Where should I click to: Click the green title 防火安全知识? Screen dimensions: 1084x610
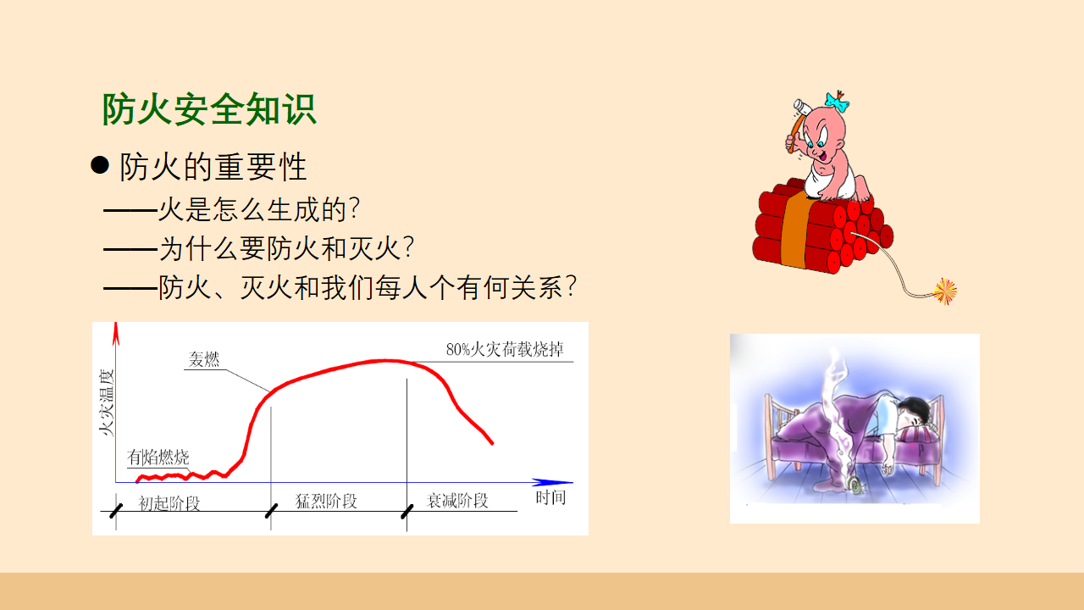click(x=209, y=109)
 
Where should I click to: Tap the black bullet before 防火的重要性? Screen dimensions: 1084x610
click(x=100, y=165)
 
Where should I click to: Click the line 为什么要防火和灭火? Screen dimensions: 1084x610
click(x=286, y=248)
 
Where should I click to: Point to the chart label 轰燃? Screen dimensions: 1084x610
click(x=204, y=359)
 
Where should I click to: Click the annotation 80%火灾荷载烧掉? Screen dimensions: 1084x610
click(x=505, y=349)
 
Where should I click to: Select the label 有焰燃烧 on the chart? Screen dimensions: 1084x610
click(x=158, y=457)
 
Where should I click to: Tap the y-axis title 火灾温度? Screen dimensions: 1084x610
click(x=106, y=402)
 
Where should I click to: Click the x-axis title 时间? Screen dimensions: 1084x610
click(x=550, y=497)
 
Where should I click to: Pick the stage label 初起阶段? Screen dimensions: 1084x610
click(x=169, y=503)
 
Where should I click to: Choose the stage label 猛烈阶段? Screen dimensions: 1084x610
click(x=326, y=501)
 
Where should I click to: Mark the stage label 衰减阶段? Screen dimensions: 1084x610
click(x=457, y=501)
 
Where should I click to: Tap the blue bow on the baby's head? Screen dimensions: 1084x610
click(x=838, y=102)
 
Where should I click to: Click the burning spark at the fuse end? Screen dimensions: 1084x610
click(x=944, y=291)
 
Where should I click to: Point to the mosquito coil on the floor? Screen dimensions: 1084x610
click(x=855, y=485)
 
